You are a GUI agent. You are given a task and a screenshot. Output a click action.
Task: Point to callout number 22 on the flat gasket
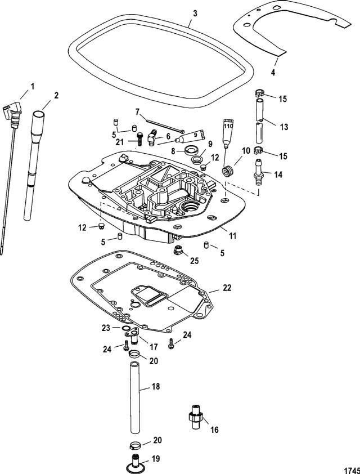226,288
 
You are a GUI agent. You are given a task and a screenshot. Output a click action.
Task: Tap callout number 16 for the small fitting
215,430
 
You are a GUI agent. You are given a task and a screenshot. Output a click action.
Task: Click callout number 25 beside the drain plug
194,260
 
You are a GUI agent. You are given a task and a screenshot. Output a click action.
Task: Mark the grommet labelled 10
229,171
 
